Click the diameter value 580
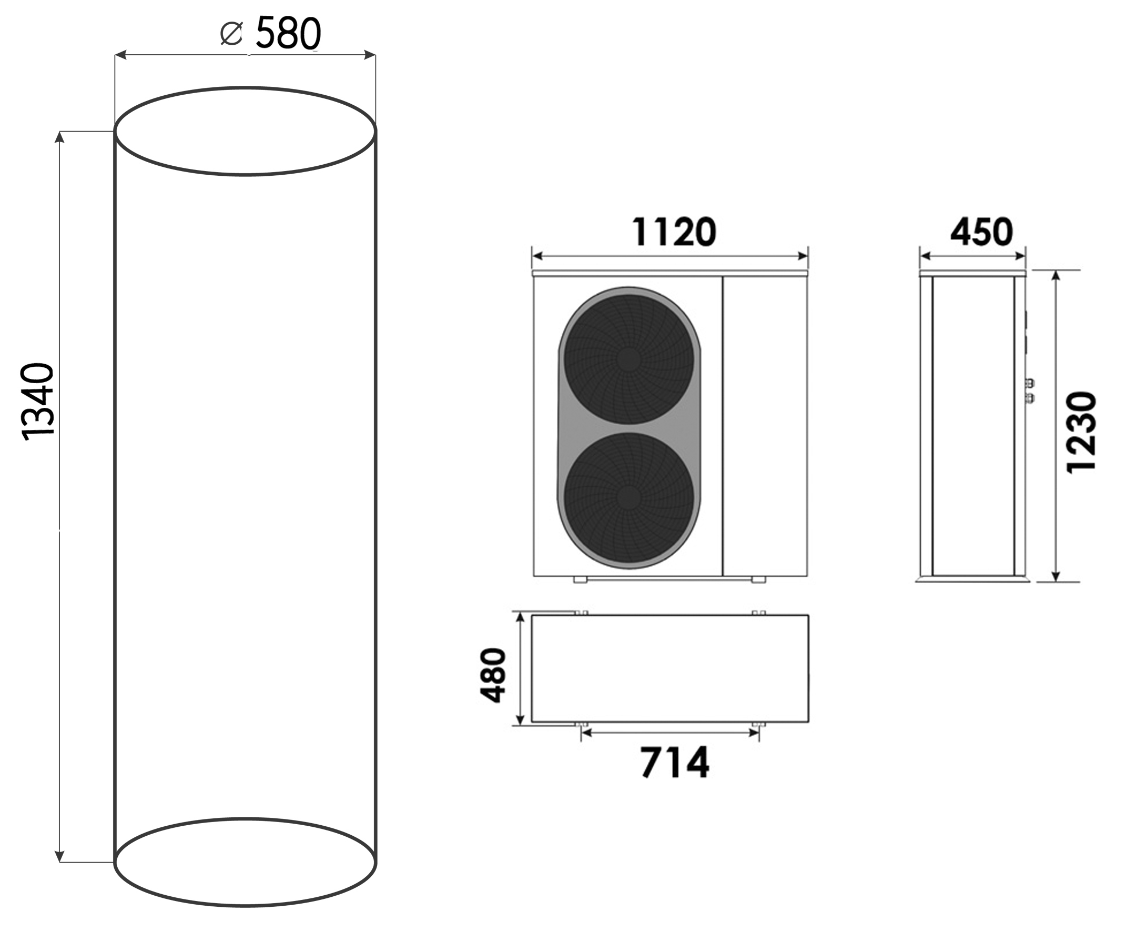[288, 34]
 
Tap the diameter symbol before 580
[232, 34]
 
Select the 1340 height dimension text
[38, 402]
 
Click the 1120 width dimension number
[674, 232]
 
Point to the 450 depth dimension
[981, 232]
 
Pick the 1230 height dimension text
[1081, 433]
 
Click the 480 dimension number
[493, 675]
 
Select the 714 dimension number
[675, 763]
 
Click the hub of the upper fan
[628, 358]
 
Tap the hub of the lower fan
[628, 497]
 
